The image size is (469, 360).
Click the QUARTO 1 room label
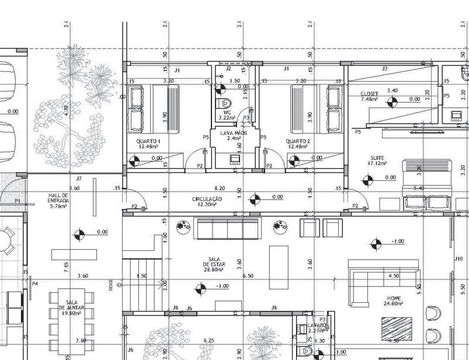[x=148, y=144]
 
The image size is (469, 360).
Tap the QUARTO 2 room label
[x=298, y=144]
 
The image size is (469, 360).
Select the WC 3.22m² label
[x=227, y=115]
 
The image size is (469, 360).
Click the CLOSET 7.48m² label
[x=370, y=96]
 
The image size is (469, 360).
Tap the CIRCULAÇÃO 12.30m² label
[x=207, y=202]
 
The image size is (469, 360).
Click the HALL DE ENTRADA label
[x=58, y=200]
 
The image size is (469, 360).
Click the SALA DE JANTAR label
[x=72, y=307]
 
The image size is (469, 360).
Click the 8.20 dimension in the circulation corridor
[x=220, y=188]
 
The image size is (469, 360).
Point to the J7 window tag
[x=79, y=178]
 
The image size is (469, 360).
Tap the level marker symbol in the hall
[x=80, y=235]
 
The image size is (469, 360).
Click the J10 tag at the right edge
[x=458, y=258]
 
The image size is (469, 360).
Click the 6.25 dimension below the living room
[x=209, y=340]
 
